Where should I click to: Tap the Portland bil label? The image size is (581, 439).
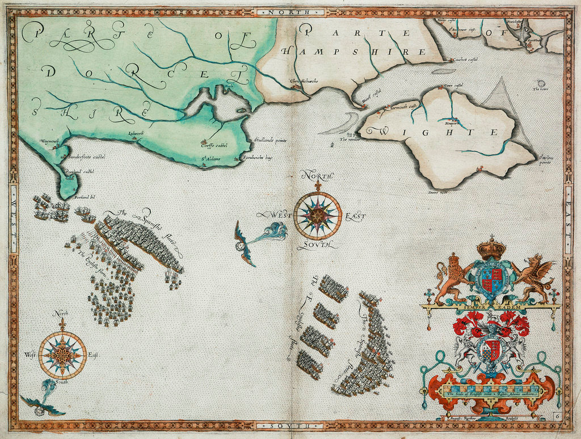point(84,197)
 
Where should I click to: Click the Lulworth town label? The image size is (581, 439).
point(136,134)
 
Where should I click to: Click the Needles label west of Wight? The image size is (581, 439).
point(347,138)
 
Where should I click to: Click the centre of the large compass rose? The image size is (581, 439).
point(318,216)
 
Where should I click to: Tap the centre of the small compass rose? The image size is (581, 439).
point(62,355)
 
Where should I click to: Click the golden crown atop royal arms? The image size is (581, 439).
point(491,248)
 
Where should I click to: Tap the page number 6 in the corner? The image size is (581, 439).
point(557,416)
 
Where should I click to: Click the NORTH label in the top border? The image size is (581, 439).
point(290,11)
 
